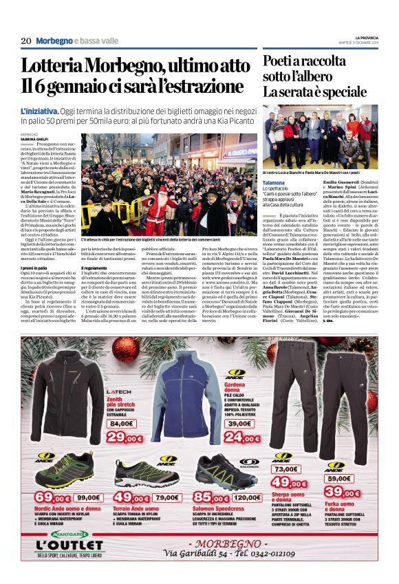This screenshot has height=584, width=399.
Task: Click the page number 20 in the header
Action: (26, 41)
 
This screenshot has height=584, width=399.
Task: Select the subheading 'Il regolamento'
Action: (98, 268)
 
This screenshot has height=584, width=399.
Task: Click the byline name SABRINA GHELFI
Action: (35, 138)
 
